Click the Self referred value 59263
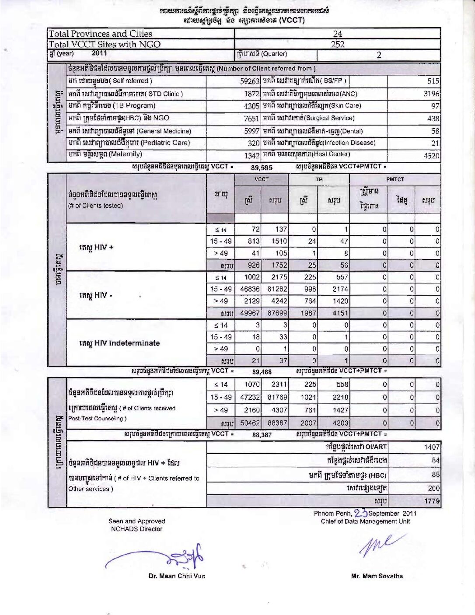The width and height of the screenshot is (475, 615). [250, 81]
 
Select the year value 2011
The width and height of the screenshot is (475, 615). [99, 53]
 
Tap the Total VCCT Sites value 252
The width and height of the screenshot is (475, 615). [337, 44]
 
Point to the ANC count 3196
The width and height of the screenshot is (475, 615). [431, 94]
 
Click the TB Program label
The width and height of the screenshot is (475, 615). [112, 105]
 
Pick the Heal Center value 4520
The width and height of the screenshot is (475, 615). [431, 156]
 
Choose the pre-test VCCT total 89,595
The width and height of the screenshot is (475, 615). [262, 168]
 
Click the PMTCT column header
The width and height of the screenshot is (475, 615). [395, 179]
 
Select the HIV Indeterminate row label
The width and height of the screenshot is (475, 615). [119, 343]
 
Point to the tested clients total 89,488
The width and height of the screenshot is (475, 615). [262, 372]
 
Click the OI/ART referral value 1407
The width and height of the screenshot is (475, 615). [432, 447]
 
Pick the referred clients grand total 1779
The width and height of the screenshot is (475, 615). [432, 501]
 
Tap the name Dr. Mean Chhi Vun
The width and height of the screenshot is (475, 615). [177, 576]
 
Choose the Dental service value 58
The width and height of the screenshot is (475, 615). [435, 131]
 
